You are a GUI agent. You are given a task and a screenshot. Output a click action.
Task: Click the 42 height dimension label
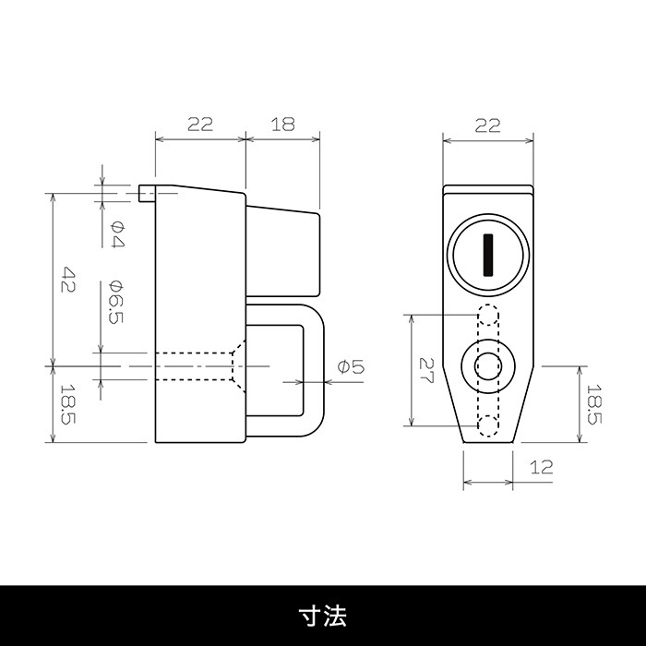point(68,280)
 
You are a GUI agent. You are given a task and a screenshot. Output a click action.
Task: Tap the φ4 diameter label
point(117,234)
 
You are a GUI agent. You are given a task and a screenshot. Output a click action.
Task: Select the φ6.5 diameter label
point(116,302)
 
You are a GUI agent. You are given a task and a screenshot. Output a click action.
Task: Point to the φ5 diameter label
point(351,366)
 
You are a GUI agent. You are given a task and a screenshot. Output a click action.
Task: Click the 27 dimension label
point(426,370)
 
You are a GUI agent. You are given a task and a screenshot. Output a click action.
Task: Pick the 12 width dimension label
point(541,467)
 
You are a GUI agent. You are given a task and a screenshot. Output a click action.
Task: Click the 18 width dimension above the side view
point(283,124)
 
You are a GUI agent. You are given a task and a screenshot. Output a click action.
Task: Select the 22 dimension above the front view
point(488,126)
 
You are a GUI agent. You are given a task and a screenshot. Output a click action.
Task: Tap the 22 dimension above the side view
point(200,124)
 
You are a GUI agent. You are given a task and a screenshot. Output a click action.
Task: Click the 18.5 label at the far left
point(68,404)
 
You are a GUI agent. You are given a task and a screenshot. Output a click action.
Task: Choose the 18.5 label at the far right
point(593,404)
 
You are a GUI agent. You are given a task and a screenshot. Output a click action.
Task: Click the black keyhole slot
point(488,255)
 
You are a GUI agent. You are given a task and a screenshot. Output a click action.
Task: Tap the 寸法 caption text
point(323,616)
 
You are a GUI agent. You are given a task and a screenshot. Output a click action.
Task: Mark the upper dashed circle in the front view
point(488,316)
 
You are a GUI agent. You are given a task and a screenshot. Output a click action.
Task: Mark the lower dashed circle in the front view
point(488,425)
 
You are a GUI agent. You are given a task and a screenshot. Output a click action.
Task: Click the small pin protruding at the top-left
point(147,193)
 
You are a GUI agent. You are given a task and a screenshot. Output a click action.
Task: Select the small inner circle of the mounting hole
point(488,365)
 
